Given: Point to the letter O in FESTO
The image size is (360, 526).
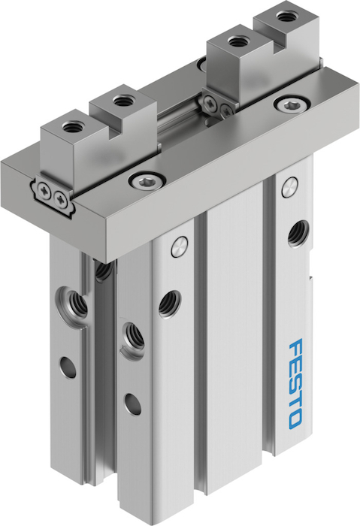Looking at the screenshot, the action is point(295,419).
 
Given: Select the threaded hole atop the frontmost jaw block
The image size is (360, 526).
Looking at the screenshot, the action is point(71,127).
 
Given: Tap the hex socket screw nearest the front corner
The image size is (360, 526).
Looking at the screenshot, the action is point(147,181).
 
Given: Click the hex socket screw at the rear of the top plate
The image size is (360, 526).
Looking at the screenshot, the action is point(290,105).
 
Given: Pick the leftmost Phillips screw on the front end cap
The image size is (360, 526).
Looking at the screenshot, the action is point(44,188).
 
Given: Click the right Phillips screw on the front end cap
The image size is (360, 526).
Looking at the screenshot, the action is point(60,197).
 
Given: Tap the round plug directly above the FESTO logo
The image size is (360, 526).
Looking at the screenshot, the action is point(289,188).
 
